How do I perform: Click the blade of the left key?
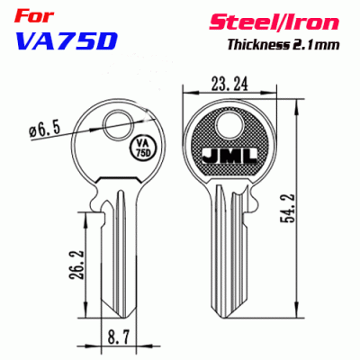[114, 243]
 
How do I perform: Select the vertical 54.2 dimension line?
[296, 211]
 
